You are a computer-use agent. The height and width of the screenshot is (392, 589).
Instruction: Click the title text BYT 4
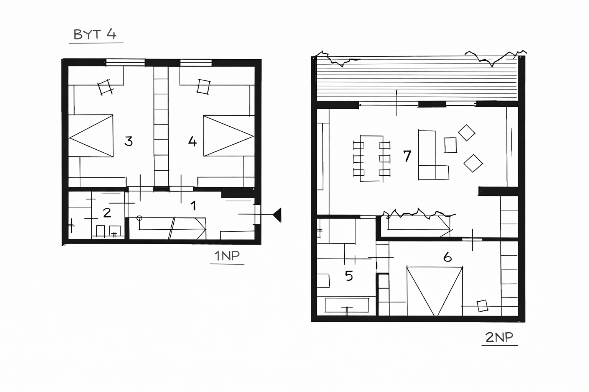click(95, 34)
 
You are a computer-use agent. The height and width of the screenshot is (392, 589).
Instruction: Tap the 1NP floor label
click(227, 256)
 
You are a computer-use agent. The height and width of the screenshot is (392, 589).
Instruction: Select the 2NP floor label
click(499, 337)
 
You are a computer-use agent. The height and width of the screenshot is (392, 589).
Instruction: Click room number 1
click(194, 206)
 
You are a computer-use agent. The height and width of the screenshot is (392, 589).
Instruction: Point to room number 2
click(107, 213)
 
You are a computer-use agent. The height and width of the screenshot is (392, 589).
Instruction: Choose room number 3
click(128, 141)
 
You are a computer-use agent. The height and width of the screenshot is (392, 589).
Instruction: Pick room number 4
click(192, 141)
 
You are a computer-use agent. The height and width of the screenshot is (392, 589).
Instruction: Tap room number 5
click(349, 276)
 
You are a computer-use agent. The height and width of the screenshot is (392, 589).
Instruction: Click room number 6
click(448, 257)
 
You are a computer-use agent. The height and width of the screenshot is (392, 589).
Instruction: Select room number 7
click(407, 156)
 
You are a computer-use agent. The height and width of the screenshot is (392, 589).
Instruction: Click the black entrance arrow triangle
click(277, 215)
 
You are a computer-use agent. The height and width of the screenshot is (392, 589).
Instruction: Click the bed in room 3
click(91, 136)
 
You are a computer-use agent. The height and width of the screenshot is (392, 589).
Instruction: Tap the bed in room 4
click(229, 136)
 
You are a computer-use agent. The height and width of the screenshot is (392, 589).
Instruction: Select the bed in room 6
click(434, 291)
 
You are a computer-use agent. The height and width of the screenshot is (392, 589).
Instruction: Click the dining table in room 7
click(372, 158)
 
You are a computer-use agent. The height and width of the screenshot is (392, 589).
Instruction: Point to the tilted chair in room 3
click(105, 87)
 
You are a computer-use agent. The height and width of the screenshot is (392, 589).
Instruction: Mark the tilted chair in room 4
click(204, 87)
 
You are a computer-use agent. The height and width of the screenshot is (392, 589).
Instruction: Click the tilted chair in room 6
click(482, 306)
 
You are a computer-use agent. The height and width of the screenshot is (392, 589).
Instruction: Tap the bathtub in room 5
click(347, 305)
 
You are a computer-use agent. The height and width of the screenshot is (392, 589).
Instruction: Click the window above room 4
click(196, 63)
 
